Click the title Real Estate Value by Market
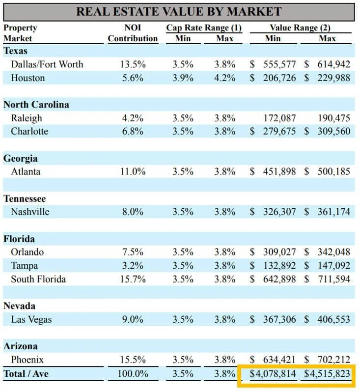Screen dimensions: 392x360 tap(179, 12)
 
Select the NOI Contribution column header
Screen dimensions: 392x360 tap(133, 33)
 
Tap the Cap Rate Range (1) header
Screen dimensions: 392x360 tap(204, 28)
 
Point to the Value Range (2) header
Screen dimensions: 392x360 tap(300, 28)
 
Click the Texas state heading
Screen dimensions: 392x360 tap(15, 51)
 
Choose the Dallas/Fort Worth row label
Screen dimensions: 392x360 tap(47, 64)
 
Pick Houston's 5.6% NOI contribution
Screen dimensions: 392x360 tap(132, 78)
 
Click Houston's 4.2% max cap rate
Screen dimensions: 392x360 tap(224, 78)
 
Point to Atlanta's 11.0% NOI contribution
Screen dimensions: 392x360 tap(133, 172)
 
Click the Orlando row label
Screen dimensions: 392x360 tap(28, 252)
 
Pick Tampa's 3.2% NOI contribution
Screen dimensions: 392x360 tap(132, 266)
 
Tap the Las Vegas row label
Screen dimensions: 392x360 tap(31, 319)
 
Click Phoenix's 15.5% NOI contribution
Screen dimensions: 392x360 tap(133, 360)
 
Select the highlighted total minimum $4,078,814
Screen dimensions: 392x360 tap(273, 374)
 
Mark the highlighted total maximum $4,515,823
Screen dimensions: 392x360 tap(327, 374)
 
